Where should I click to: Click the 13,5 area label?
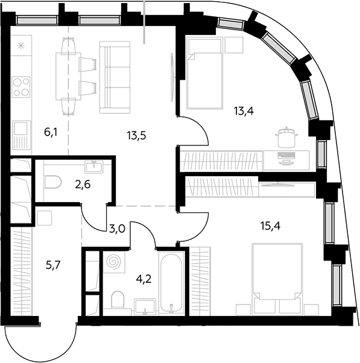tap(136, 136)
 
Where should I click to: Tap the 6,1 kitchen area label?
tap(51, 133)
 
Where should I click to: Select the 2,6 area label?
tap(83, 185)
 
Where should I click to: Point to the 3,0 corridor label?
tap(117, 229)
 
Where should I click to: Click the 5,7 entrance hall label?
tap(53, 265)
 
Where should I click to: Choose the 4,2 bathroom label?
tap(144, 279)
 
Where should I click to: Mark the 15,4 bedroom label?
tap(270, 226)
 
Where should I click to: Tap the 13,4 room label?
tap(244, 112)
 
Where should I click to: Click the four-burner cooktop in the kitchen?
tap(21, 87)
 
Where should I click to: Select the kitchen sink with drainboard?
tap(21, 135)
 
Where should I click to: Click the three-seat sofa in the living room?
tap(115, 77)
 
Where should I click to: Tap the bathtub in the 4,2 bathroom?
tap(171, 283)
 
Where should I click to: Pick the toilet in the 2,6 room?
tap(53, 181)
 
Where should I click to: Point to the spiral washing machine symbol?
tap(114, 262)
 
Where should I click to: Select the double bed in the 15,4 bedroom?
tap(277, 279)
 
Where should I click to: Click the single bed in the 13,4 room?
tap(204, 73)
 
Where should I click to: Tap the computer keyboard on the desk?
tap(286, 155)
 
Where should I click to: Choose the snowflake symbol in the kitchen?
tap(21, 46)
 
